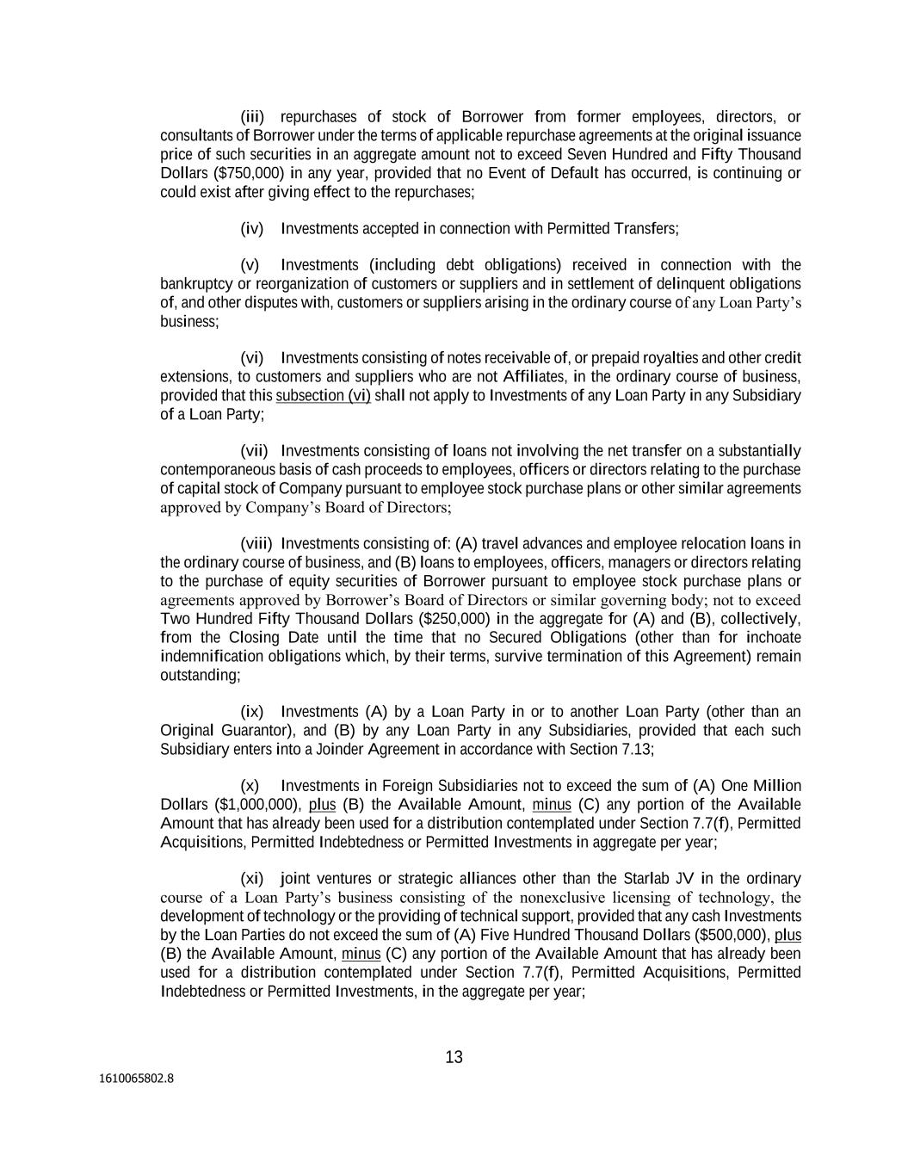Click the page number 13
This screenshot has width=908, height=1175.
(454, 1057)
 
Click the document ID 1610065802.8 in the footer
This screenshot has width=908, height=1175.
(136, 1077)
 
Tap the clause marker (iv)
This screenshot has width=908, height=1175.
(252, 229)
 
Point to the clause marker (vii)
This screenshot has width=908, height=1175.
(255, 451)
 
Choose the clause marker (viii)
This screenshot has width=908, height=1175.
(256, 544)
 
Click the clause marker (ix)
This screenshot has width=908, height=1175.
(252, 712)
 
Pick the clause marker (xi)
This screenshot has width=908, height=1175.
(252, 879)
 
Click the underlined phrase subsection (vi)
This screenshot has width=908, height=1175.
(323, 396)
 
